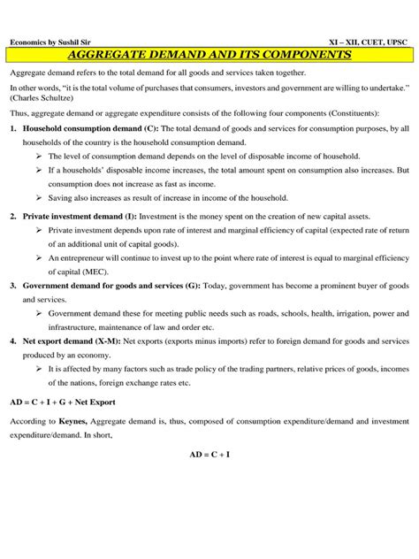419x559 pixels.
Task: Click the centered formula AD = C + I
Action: pyautogui.click(x=209, y=454)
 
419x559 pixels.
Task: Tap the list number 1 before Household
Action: pyautogui.click(x=12, y=129)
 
